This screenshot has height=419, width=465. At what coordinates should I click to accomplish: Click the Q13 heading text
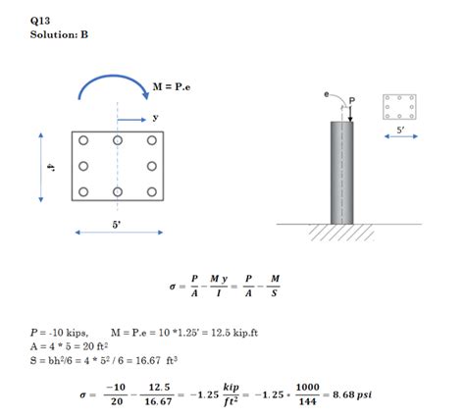point(40,21)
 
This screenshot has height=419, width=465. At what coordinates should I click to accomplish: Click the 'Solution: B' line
point(59,34)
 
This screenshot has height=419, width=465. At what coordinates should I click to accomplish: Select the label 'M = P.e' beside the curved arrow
point(172,87)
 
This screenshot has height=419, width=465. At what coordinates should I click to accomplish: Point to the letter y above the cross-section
point(155,118)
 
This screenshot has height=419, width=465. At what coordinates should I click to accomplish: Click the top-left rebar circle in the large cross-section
point(83,140)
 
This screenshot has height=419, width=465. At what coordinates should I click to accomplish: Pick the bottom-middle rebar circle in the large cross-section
point(118,191)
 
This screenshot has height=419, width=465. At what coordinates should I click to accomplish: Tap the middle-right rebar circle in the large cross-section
point(152,166)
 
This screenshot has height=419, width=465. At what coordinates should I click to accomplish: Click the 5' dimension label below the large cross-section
point(117,225)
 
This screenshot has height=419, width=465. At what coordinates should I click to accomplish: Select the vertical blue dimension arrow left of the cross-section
point(41,168)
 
